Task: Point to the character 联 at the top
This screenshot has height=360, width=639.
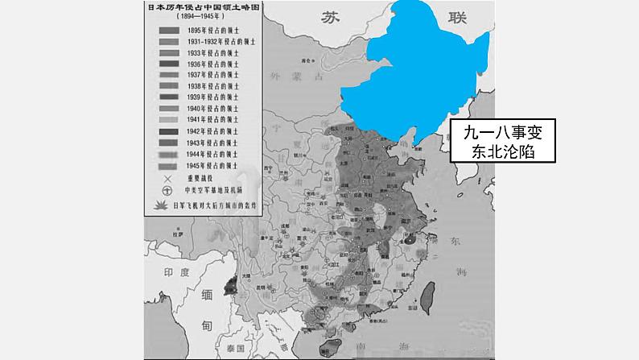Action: tap(459, 18)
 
